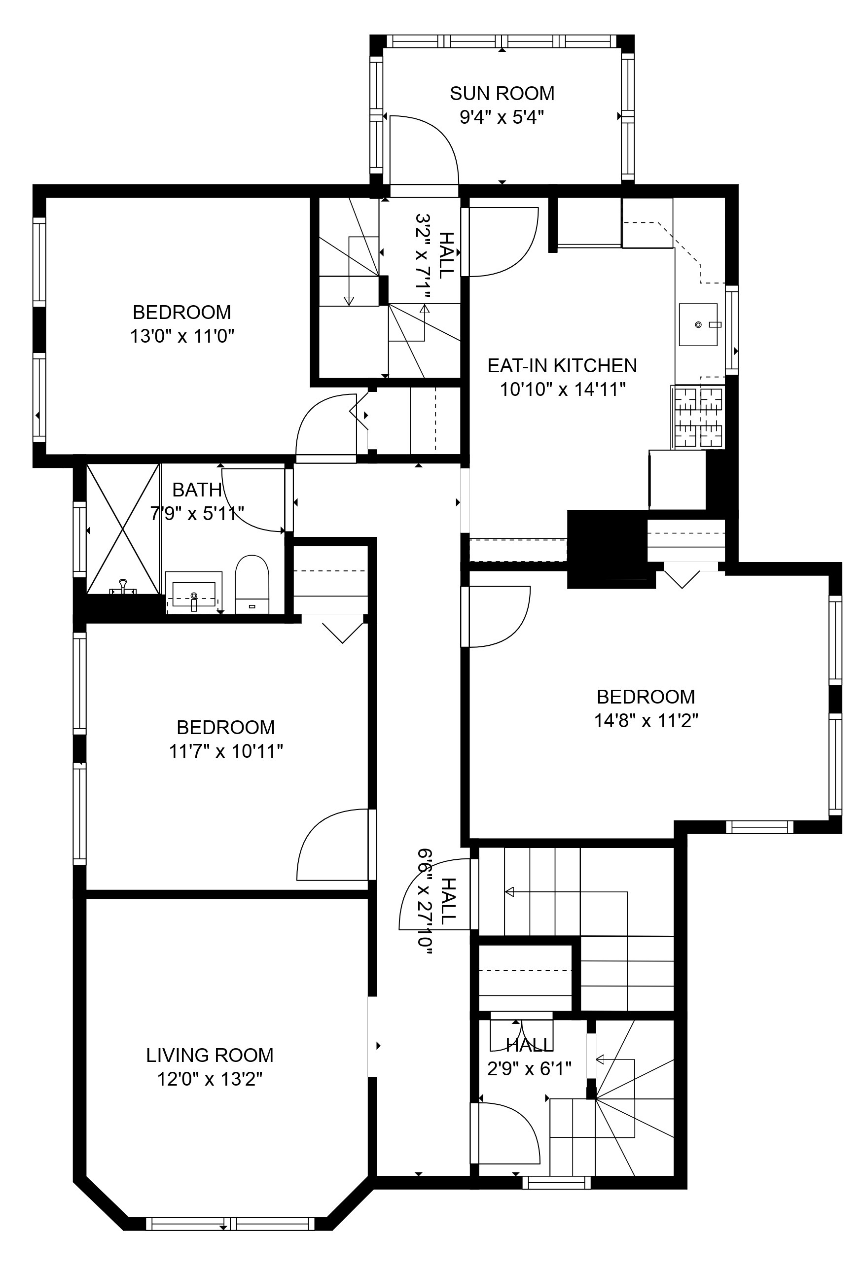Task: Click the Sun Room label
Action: [x=502, y=94]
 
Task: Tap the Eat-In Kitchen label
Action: [x=562, y=365]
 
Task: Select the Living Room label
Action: [x=210, y=1055]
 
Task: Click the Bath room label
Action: [x=197, y=490]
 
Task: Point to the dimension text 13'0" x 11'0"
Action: [x=182, y=336]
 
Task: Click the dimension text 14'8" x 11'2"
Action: [x=646, y=720]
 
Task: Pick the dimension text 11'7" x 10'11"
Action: [x=226, y=751]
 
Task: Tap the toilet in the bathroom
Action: [x=252, y=585]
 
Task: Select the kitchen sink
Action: [x=698, y=325]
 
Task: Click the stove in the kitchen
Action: [x=698, y=417]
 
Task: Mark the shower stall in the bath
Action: [x=124, y=529]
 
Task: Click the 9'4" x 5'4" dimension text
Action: [x=502, y=117]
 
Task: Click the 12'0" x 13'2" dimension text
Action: [x=210, y=1079]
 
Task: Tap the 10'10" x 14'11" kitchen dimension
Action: [x=563, y=389]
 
